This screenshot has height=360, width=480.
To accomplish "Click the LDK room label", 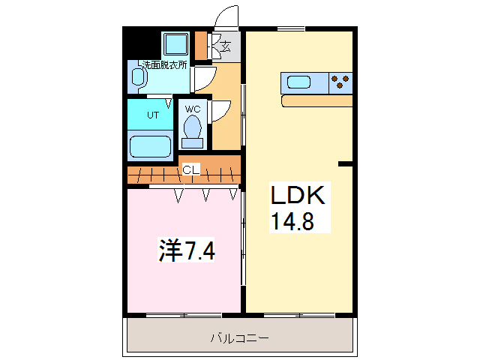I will tap(297, 196).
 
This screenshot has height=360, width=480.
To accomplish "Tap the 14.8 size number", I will tap(291, 222).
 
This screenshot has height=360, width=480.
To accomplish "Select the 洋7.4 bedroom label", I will tap(187, 250).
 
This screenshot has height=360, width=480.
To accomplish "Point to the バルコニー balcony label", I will tap(239, 337).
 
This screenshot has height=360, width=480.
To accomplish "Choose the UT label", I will tap(152, 115).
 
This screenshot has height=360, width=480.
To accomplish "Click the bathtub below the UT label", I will tap(151, 145).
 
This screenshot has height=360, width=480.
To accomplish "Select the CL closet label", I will tap(191, 170).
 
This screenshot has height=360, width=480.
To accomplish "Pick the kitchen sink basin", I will tap(298, 82).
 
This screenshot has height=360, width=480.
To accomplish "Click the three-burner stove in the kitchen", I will tap(340, 82).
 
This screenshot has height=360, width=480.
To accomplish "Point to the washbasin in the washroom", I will tap(138, 76).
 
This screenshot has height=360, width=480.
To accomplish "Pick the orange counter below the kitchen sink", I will tap(316, 100).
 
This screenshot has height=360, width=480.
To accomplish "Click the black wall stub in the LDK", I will tap(346, 163).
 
